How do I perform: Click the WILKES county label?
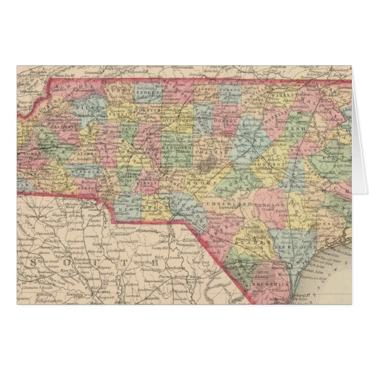[91, 108]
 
